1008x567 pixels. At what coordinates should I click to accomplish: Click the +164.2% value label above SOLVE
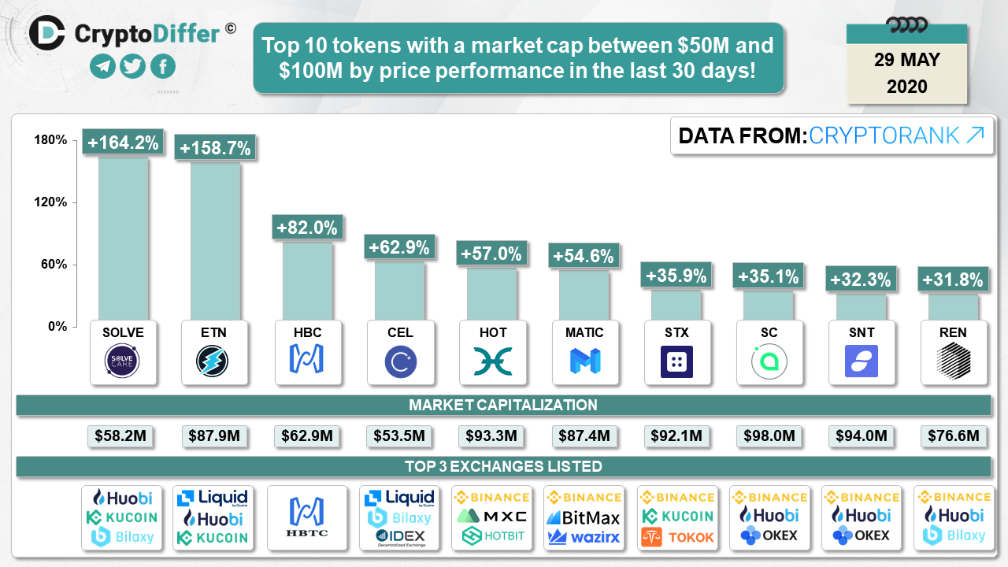[x=124, y=143]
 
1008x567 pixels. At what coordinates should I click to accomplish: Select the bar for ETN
[x=215, y=236]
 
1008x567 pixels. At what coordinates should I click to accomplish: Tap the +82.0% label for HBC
[x=306, y=228]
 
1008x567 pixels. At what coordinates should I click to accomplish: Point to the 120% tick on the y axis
[x=51, y=202]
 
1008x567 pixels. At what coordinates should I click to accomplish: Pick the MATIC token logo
[x=584, y=361]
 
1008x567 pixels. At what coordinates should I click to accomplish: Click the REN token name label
[x=953, y=332]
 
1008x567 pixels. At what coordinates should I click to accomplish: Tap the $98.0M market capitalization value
[x=769, y=435]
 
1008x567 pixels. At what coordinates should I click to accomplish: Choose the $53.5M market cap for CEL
[x=398, y=435]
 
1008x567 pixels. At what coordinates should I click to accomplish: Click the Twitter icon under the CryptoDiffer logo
[x=132, y=66]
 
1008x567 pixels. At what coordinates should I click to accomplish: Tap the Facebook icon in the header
[x=162, y=66]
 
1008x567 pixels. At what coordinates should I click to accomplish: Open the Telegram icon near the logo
[x=102, y=66]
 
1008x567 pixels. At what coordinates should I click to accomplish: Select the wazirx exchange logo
[x=584, y=537]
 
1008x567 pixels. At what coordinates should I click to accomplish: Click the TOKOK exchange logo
[x=676, y=537]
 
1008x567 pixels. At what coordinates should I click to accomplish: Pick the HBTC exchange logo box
[x=306, y=517]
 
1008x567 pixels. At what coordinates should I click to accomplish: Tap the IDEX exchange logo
[x=398, y=537]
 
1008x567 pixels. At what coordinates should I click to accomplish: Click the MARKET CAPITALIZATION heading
[x=502, y=405]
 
